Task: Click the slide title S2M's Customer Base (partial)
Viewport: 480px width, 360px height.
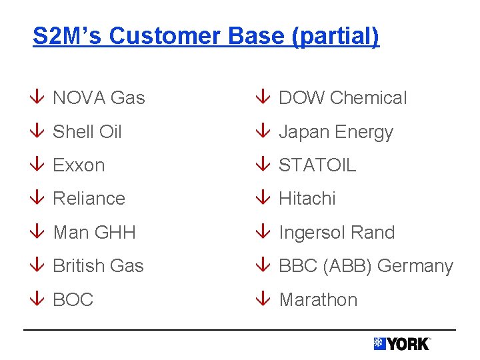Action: click(x=206, y=36)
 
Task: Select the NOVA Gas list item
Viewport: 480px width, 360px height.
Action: click(x=99, y=98)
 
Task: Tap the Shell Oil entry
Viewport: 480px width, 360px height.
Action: click(x=87, y=132)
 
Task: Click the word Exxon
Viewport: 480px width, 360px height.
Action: click(x=79, y=165)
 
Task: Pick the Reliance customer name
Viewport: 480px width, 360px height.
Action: click(x=89, y=199)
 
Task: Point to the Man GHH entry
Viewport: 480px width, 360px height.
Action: click(x=94, y=233)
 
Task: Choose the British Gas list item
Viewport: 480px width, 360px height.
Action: click(x=98, y=266)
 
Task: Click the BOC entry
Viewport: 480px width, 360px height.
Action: click(x=73, y=300)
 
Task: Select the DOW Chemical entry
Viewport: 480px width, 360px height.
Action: click(x=343, y=98)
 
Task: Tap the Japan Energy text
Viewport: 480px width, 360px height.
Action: click(x=336, y=132)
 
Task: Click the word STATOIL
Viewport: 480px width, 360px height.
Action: click(x=317, y=165)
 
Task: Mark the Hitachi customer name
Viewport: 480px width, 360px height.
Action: click(x=307, y=199)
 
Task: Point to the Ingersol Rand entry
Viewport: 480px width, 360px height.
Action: click(x=337, y=233)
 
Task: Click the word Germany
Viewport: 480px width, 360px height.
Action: click(x=415, y=266)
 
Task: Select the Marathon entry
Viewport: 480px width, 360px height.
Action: click(x=318, y=300)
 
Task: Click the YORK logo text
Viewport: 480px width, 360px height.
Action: click(x=408, y=344)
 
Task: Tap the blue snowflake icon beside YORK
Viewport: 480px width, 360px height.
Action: click(x=379, y=343)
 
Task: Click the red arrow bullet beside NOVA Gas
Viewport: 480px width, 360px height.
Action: click(x=37, y=98)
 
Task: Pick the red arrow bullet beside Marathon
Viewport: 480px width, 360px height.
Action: click(x=263, y=300)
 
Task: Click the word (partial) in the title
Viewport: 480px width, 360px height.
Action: click(x=335, y=36)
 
